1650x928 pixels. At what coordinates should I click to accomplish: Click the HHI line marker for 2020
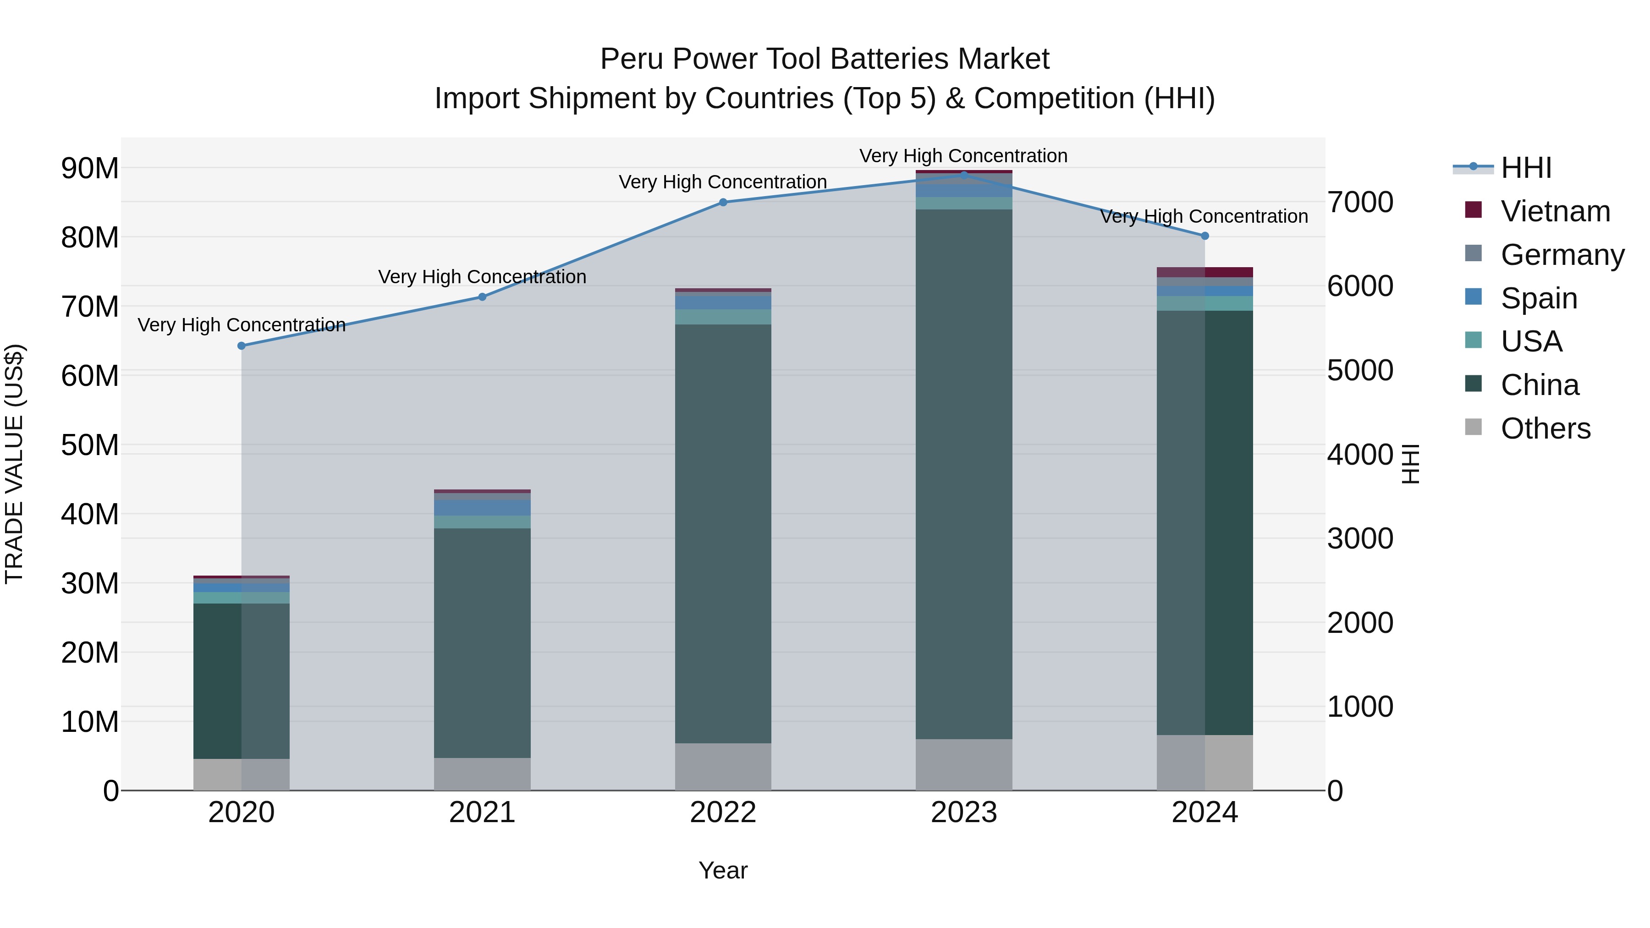pos(242,346)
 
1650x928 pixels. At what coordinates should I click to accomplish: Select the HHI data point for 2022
pos(723,203)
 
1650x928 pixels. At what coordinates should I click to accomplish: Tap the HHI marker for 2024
pos(1205,236)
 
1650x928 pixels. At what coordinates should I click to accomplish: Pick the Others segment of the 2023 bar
pos(964,765)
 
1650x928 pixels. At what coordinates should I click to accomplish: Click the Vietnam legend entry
pos(1555,211)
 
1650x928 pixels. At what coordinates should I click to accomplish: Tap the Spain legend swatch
pos(1473,297)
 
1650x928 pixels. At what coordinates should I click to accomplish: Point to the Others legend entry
pos(1545,428)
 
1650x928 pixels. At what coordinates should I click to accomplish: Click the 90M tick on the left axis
pos(90,169)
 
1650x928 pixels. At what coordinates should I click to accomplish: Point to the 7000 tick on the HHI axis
pos(1360,203)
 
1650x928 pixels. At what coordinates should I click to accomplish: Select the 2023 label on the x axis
pos(964,813)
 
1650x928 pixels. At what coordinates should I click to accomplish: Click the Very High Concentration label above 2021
pos(482,277)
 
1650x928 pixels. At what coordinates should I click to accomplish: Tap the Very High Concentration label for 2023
pos(963,156)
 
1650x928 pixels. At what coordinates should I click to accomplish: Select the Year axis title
pos(723,870)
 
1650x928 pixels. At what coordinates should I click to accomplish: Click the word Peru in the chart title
pos(632,59)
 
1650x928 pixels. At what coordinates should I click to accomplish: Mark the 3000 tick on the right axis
pos(1360,538)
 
